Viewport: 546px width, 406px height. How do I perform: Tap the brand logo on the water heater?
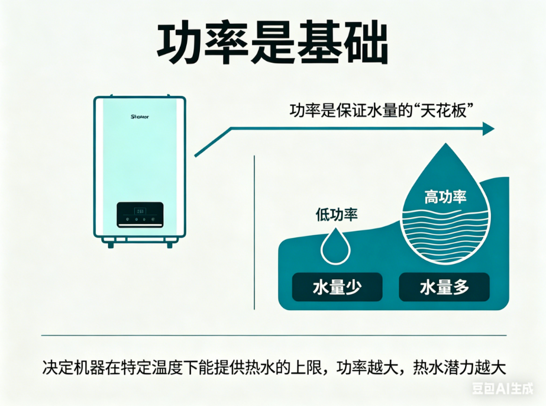140,117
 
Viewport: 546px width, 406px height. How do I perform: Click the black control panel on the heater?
140,214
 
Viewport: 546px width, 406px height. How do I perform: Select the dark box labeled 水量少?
337,288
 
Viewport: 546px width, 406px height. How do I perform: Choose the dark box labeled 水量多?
444,288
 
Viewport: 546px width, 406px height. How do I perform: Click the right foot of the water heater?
170,243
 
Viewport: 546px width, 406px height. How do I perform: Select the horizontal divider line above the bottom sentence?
273,336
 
